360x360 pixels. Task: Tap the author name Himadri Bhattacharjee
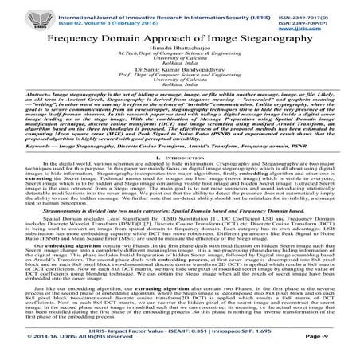click(x=181, y=49)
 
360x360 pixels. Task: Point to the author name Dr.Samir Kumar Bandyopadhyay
click(x=181, y=73)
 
